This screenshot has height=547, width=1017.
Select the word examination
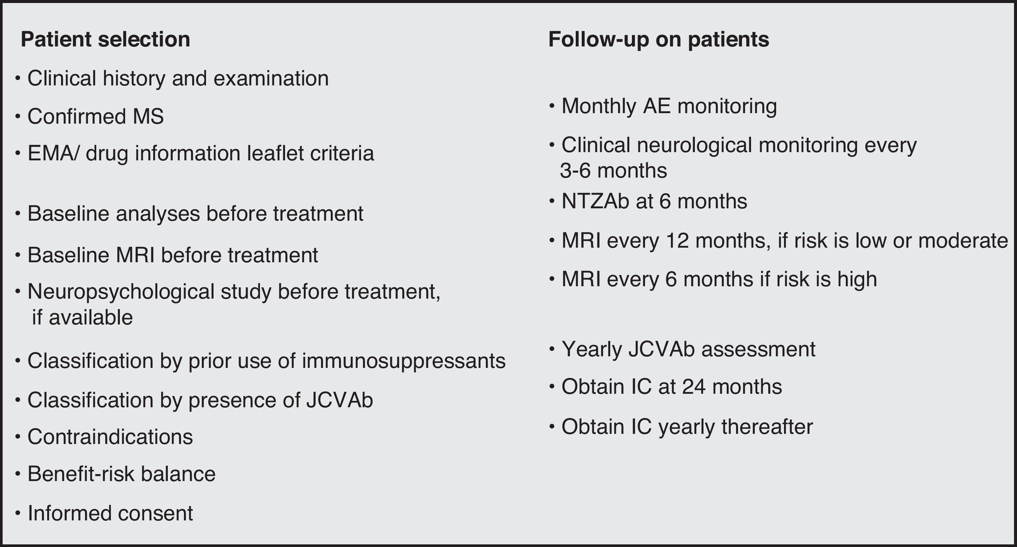click(271, 78)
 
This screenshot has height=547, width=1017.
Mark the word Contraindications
click(110, 437)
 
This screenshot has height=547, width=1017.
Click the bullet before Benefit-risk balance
click(18, 474)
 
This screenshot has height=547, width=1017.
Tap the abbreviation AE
click(657, 106)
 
